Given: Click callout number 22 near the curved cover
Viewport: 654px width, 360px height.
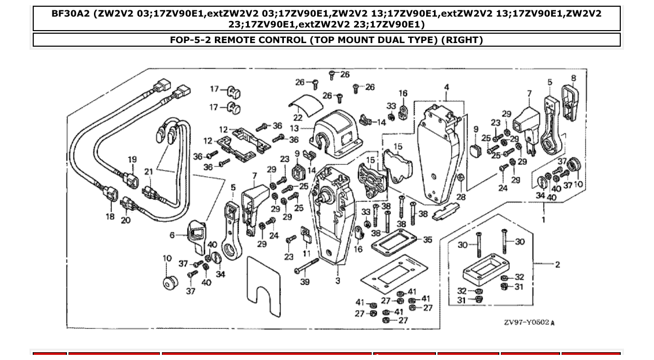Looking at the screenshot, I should point(297,118).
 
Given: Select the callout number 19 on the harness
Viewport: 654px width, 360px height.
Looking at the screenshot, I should point(132,160).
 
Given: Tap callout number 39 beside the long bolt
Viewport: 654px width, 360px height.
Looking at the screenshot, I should point(305,282).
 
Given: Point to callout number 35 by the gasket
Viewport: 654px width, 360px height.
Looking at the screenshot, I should point(427,240).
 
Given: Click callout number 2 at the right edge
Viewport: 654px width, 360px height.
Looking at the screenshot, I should point(557,265).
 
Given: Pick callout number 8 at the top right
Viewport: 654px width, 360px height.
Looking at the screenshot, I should point(573,79).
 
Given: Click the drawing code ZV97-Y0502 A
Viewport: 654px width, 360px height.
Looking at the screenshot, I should point(529,323).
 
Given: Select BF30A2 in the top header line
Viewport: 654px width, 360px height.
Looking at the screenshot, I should point(72,13).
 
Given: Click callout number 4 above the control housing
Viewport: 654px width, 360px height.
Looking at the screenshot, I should point(446,87).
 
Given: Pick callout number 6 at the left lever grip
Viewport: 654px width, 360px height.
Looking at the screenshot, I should point(172,235).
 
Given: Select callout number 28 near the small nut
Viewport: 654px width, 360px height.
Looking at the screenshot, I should point(461,197).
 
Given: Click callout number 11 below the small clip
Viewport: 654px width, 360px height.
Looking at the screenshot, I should point(307,254).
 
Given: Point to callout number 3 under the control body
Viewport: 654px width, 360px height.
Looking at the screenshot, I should point(337,281).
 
